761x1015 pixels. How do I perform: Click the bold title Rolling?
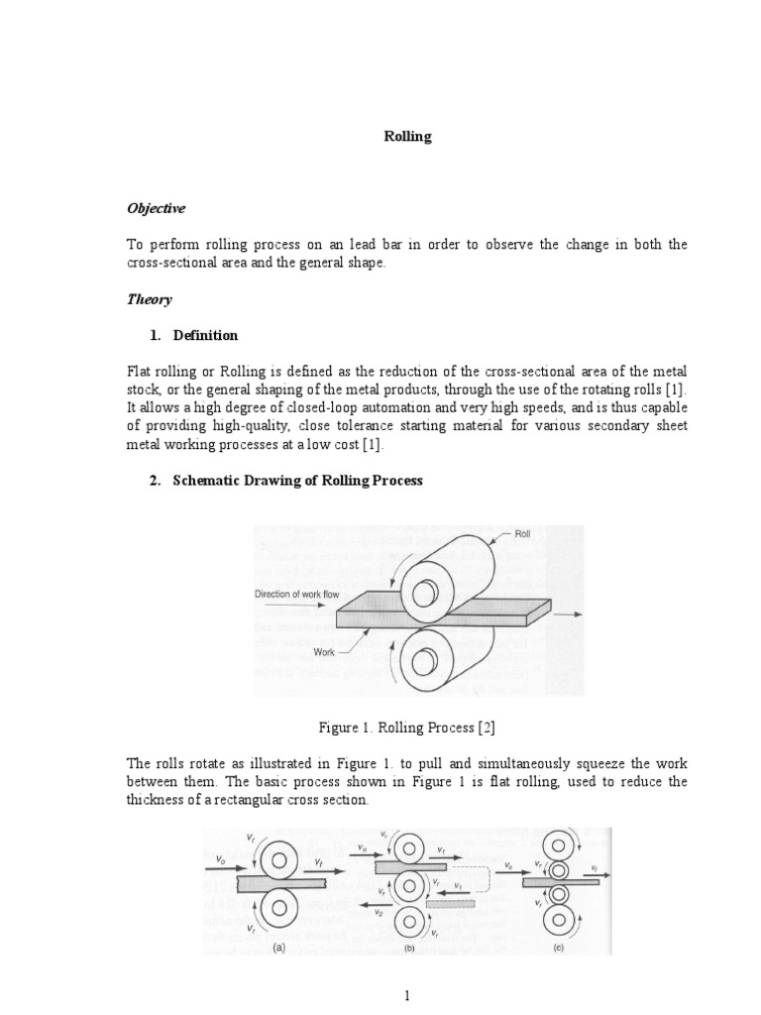pos(407,137)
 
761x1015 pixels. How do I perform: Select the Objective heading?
pos(155,209)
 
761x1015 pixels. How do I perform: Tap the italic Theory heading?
pos(149,299)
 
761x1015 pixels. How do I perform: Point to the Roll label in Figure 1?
pos(522,532)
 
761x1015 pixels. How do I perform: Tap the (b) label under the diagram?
pos(408,948)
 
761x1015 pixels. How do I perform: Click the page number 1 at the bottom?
pos(407,996)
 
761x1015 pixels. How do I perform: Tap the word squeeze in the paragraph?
pos(590,763)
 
